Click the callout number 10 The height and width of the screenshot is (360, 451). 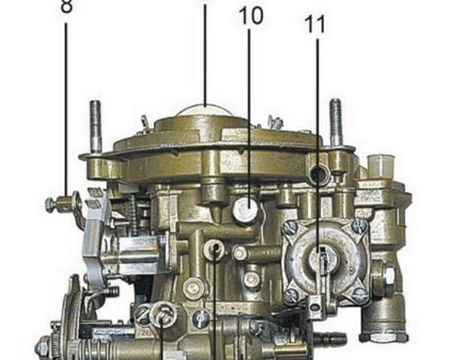(251, 16)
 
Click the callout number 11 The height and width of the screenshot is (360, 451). (315, 24)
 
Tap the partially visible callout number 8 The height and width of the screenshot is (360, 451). (66, 6)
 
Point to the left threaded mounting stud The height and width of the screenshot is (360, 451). (95, 126)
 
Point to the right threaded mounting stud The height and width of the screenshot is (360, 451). (335, 122)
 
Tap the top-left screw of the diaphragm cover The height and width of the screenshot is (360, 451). (289, 228)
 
